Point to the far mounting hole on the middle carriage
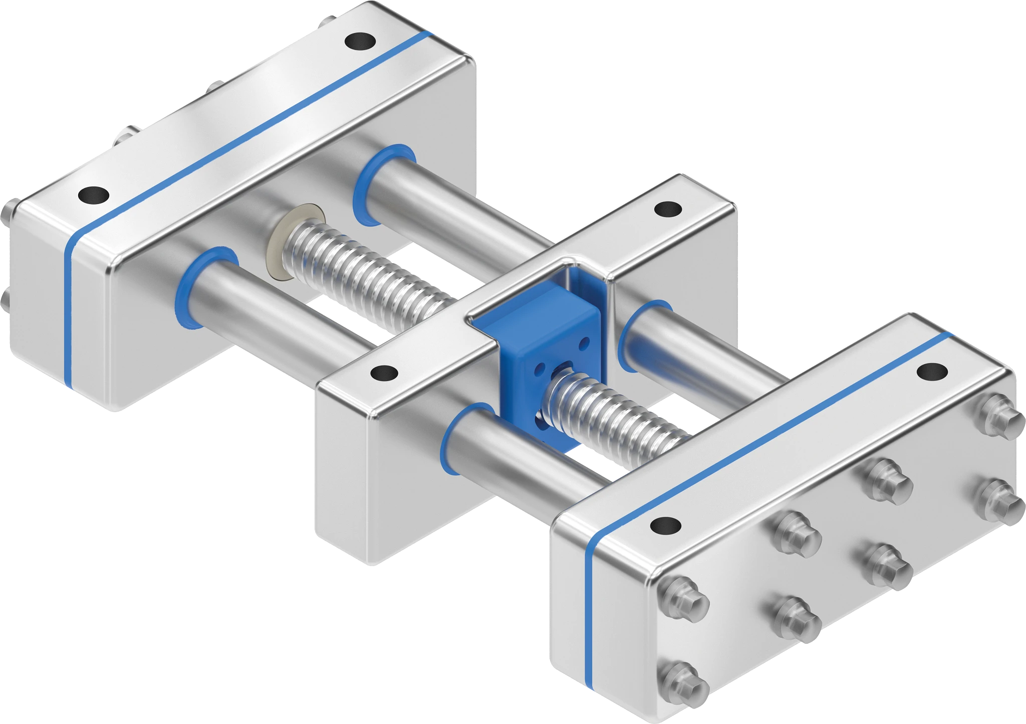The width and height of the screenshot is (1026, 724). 668,209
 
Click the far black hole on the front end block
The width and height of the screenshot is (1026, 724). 932,372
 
